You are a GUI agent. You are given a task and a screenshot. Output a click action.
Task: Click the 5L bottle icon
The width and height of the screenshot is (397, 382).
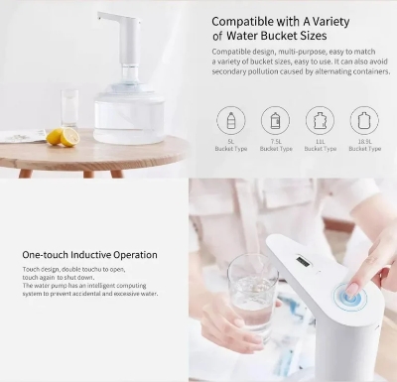coord(231,120)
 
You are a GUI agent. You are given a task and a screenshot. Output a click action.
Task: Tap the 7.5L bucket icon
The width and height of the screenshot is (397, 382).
coord(275,120)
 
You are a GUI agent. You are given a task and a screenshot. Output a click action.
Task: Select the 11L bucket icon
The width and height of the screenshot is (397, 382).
coord(320,120)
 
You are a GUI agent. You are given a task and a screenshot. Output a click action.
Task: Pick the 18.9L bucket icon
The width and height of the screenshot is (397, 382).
coord(363,120)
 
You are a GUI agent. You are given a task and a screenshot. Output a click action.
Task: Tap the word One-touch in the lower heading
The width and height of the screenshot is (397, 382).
coord(43,255)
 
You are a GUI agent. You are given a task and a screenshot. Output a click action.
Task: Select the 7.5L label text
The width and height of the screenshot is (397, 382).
coord(275,142)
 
